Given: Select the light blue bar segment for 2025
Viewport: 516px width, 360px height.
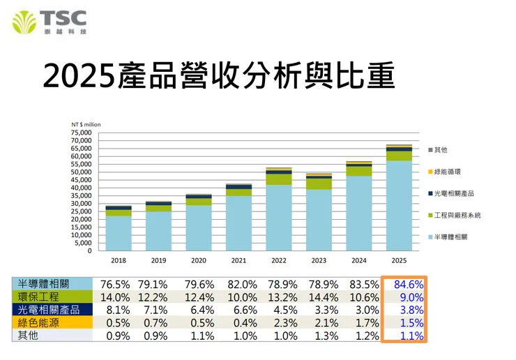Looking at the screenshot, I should (398, 206).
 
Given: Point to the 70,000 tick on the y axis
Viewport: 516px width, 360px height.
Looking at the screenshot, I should (82, 140).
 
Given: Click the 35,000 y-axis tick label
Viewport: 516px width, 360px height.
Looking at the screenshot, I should (82, 195).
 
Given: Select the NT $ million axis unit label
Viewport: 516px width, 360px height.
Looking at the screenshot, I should (86, 124).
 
